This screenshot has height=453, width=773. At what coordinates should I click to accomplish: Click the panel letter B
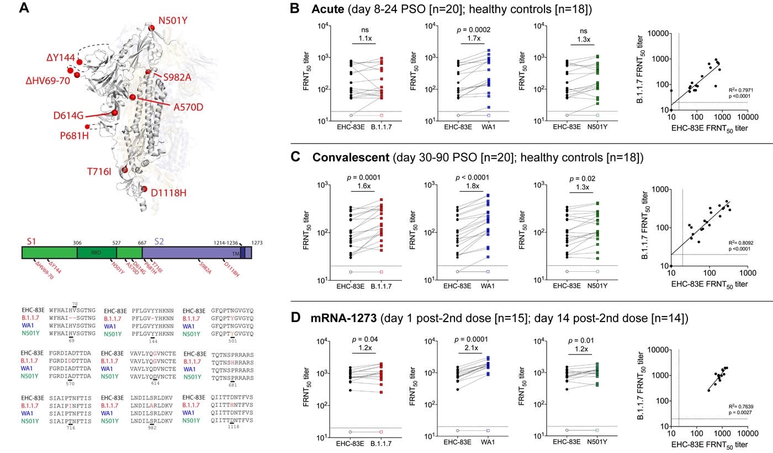tap(295, 9)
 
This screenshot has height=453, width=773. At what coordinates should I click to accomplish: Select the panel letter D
tap(295, 319)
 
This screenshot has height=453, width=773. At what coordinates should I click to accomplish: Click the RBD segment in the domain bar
tap(97, 253)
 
